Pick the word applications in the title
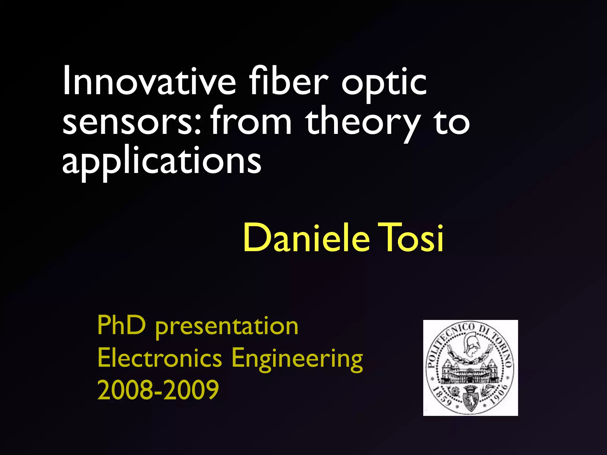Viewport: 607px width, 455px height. [x=162, y=161]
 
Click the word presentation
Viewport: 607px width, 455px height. [x=227, y=327]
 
